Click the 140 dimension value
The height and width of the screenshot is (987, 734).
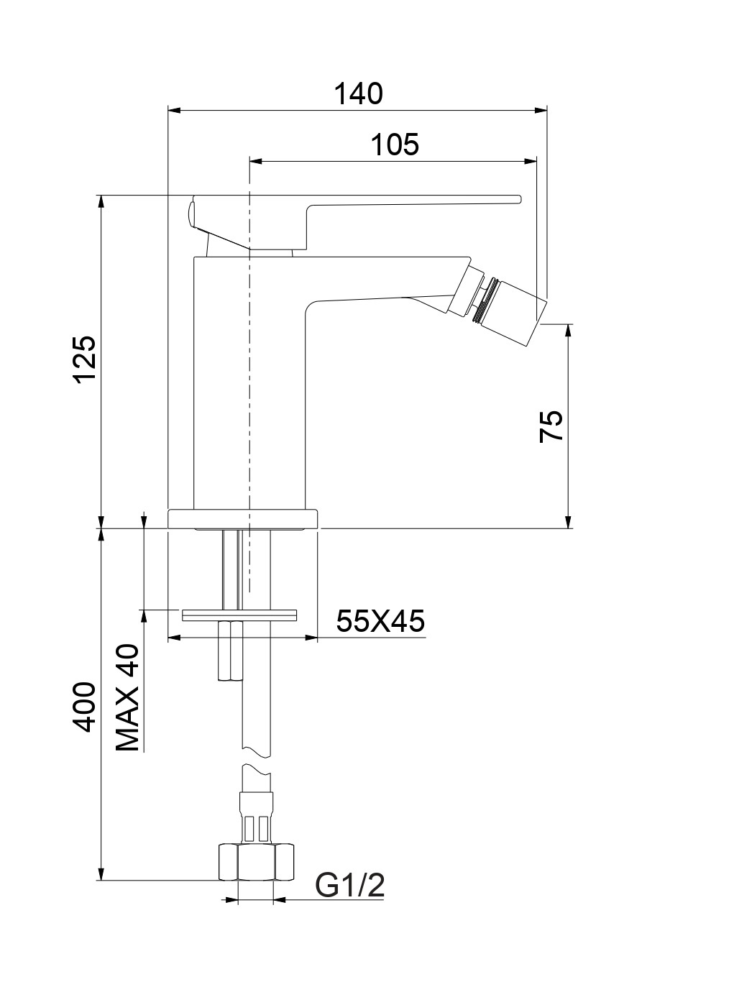[x=358, y=94]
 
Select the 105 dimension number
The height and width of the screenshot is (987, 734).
[x=395, y=144]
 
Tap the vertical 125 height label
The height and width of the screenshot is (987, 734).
[x=85, y=359]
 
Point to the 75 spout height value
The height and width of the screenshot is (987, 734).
[x=551, y=426]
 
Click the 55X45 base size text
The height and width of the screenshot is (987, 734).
[x=380, y=621]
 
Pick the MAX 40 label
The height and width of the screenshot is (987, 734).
[x=128, y=698]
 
